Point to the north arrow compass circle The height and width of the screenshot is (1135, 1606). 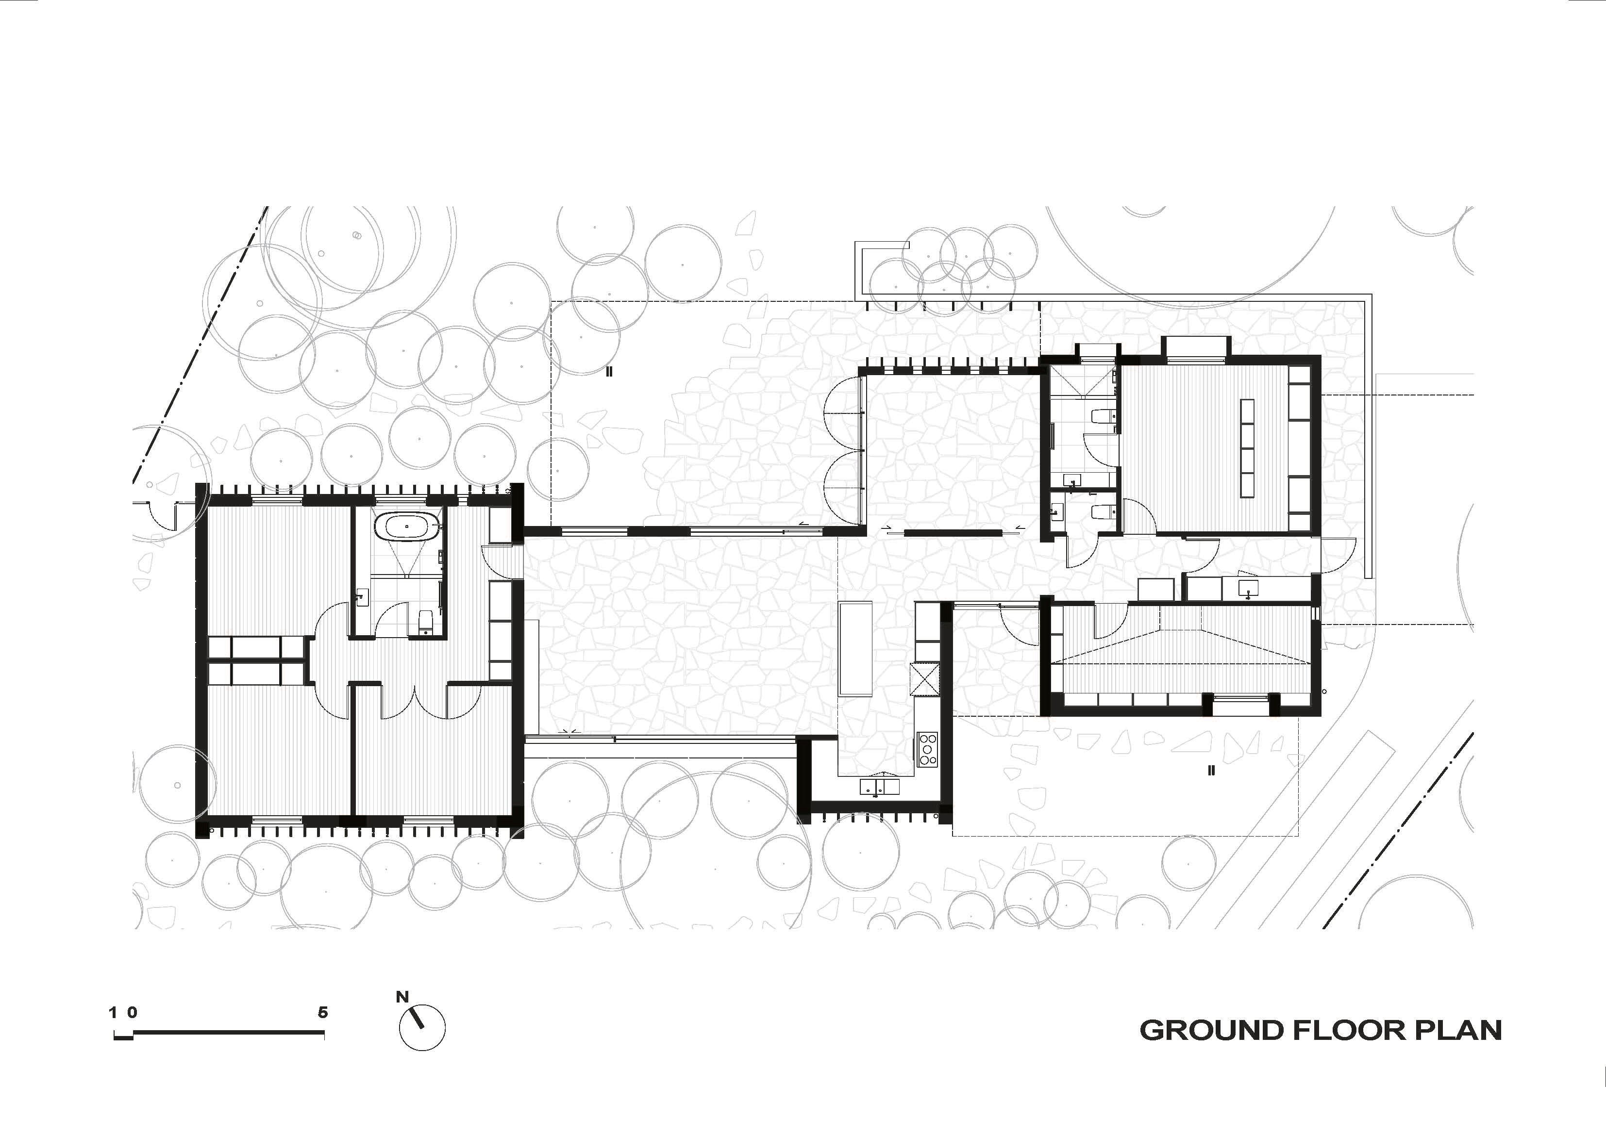(x=422, y=1028)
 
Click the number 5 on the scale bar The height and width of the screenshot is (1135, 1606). (x=322, y=1013)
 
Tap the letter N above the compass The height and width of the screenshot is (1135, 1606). (x=402, y=997)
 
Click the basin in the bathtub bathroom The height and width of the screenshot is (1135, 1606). (x=361, y=598)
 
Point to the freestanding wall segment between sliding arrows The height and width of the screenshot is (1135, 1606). (x=952, y=533)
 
